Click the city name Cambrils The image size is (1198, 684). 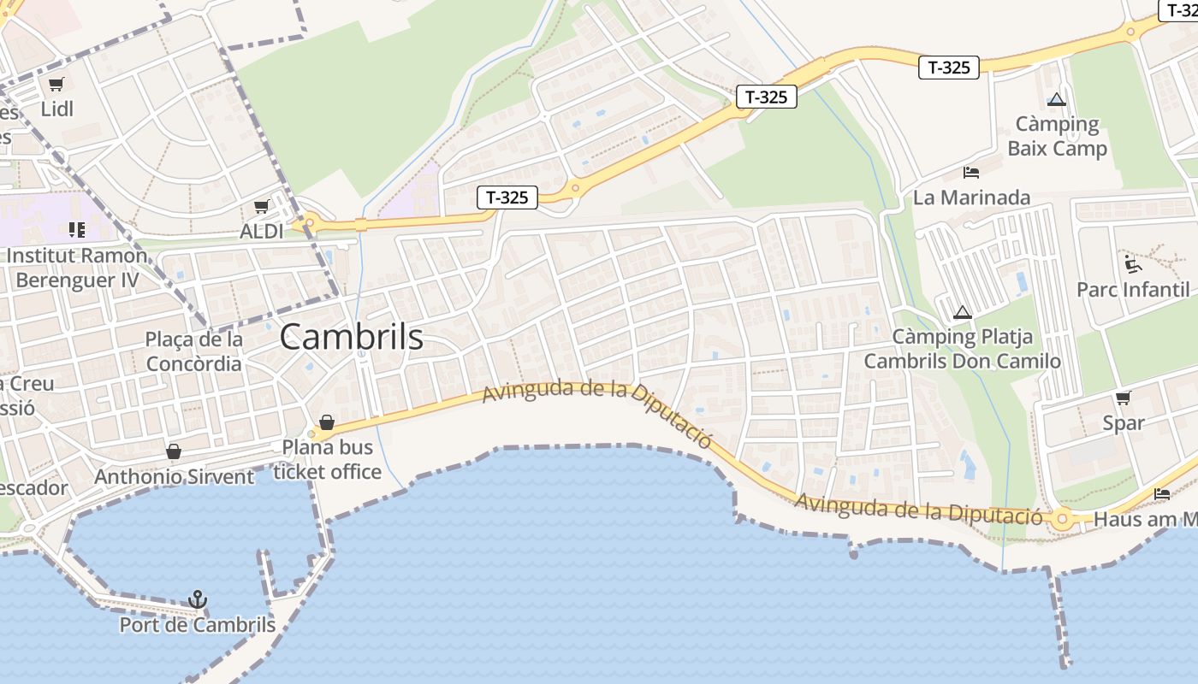coord(351,337)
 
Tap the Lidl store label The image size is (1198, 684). coord(57,109)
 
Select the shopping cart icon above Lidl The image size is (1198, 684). coord(56,84)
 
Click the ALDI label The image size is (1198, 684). coord(262,231)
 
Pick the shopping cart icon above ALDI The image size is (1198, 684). coord(262,206)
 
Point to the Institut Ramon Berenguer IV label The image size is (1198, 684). coord(77,268)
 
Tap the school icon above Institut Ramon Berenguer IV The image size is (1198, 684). coord(76,229)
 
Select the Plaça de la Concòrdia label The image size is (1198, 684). coord(194,351)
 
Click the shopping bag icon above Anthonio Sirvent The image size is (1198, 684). coord(174,451)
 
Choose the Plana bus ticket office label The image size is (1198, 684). coord(327,459)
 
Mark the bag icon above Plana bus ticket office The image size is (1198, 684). coord(326,422)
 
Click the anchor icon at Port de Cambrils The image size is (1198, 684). coord(198,599)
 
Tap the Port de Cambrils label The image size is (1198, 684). coord(198,625)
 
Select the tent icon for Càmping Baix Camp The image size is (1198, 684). coord(1057,99)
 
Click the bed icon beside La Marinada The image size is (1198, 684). coord(971,173)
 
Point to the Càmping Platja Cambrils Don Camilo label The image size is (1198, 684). coord(963,349)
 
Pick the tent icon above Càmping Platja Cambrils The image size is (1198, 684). coord(963,312)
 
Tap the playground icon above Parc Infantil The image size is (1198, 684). coord(1133,263)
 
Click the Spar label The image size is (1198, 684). coord(1124,422)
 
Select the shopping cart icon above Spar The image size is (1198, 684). coord(1124,398)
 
